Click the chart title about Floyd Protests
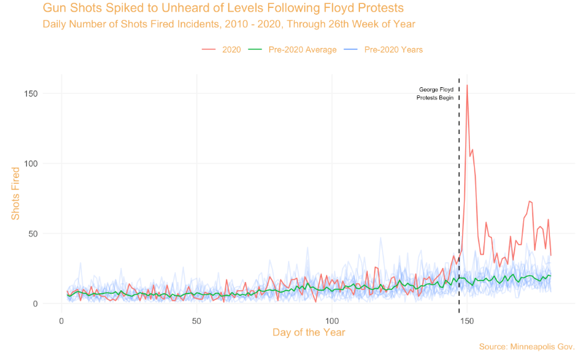point(223,9)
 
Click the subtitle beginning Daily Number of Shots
point(229,24)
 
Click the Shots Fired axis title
point(15,193)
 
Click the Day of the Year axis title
point(307,332)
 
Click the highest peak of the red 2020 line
point(467,85)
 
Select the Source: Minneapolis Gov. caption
point(526,347)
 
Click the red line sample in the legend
point(210,50)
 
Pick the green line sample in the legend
point(255,50)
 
